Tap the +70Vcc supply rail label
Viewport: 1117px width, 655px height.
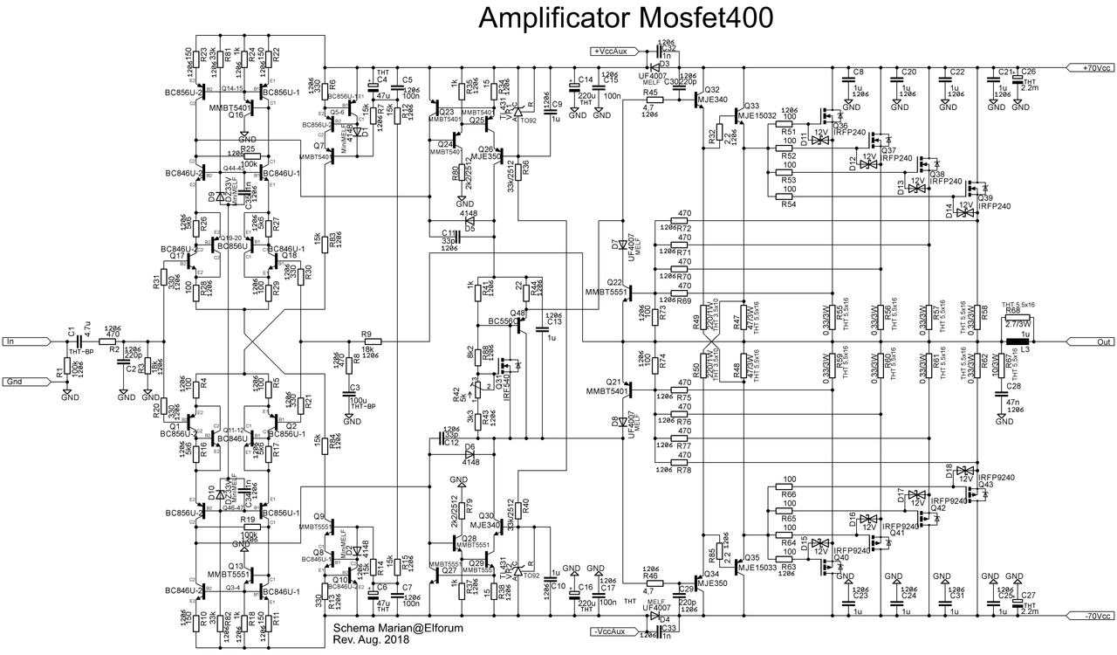pos(1090,67)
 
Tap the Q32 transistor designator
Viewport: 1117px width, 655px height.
pos(711,90)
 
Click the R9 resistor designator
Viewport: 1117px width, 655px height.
pos(366,334)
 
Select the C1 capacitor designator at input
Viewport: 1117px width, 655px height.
pos(71,331)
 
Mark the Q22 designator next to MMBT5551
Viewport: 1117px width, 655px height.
pos(615,283)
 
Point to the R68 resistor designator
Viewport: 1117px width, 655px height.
pos(1012,310)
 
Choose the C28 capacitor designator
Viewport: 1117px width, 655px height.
pos(1013,385)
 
